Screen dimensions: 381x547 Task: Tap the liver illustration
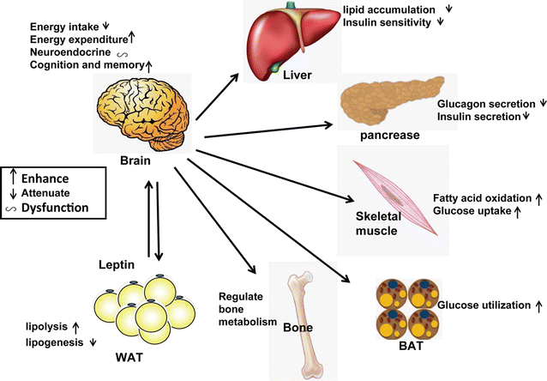(x=292, y=39)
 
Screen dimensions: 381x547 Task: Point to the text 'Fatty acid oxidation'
(x=480, y=197)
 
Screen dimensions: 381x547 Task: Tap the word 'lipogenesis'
(x=50, y=342)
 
